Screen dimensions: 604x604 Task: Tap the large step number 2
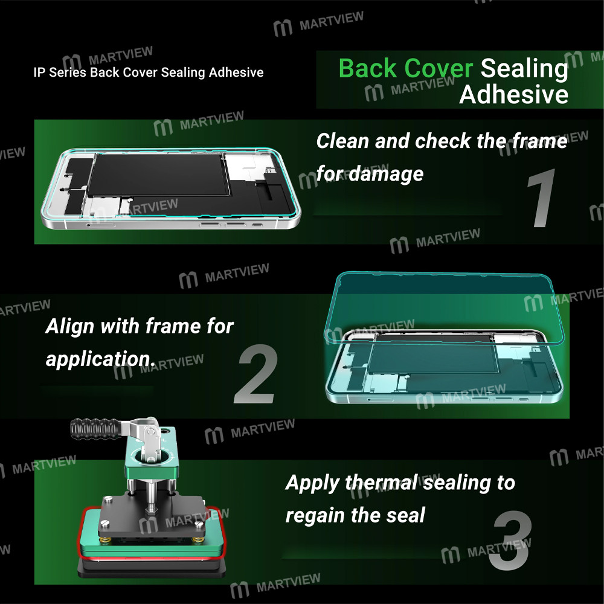click(x=256, y=374)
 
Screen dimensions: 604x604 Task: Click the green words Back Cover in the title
click(x=406, y=68)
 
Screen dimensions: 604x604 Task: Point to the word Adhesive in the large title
click(x=513, y=95)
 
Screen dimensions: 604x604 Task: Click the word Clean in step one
click(x=342, y=141)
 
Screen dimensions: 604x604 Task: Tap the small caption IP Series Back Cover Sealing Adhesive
click(x=149, y=72)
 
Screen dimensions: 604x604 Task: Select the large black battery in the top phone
click(x=158, y=175)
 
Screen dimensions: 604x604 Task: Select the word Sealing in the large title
click(x=524, y=68)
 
